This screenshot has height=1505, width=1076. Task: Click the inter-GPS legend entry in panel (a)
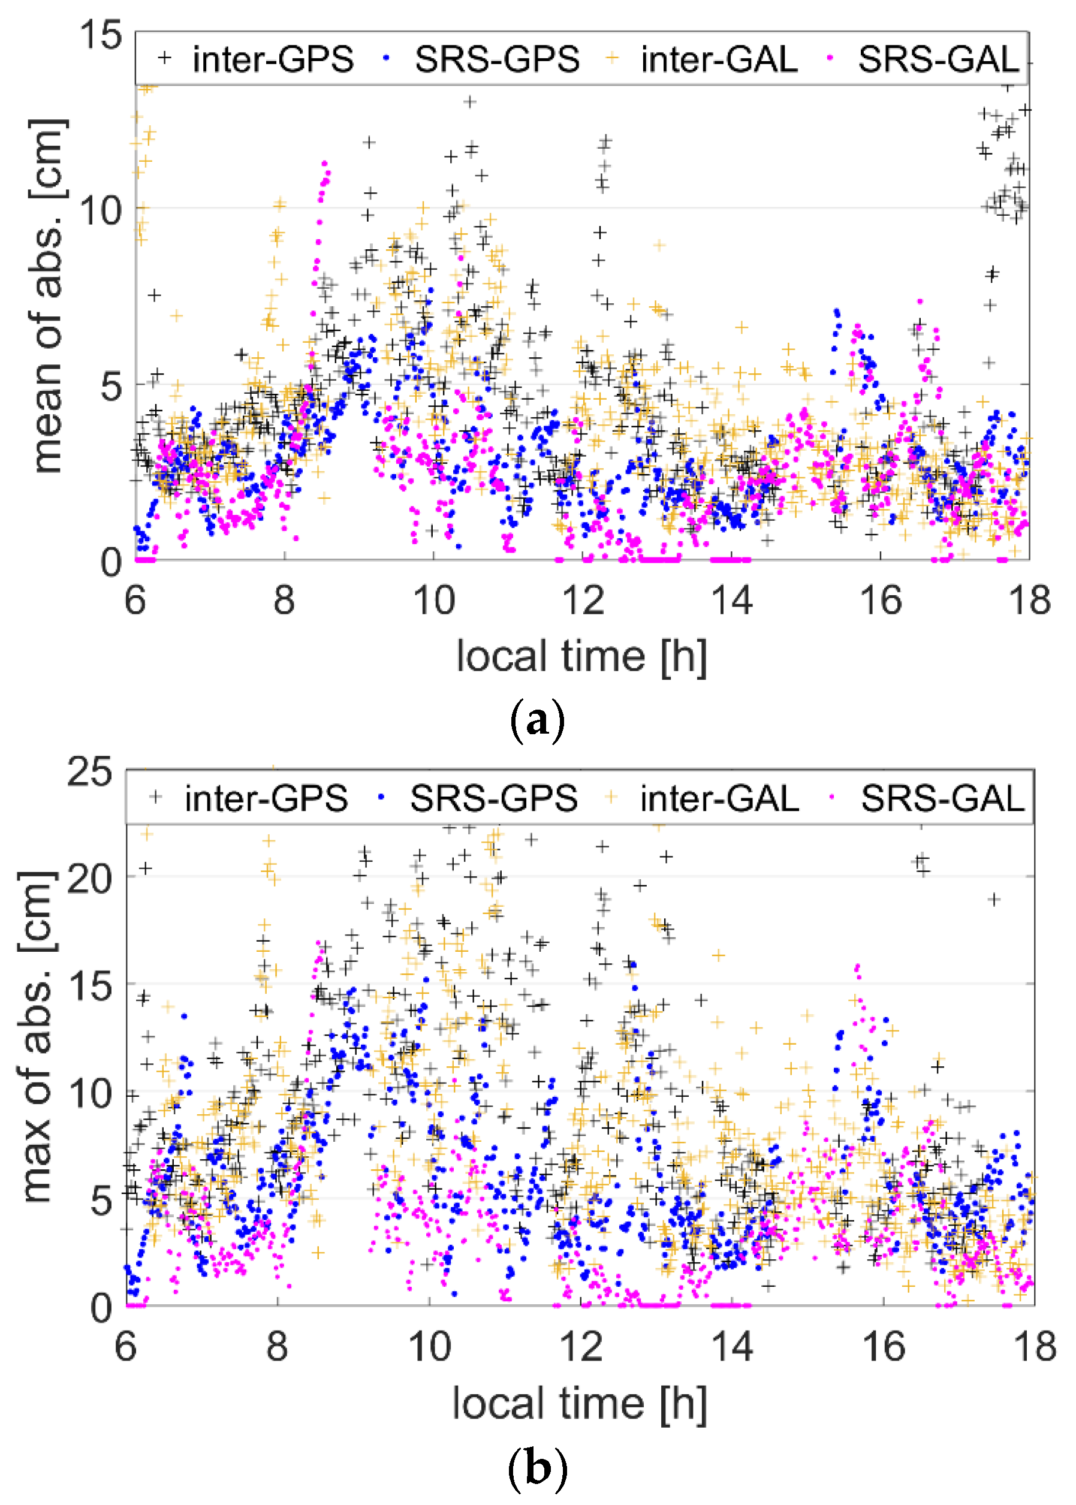(x=272, y=59)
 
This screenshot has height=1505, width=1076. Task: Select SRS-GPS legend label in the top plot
(x=496, y=59)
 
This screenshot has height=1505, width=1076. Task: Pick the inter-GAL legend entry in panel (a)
(x=719, y=59)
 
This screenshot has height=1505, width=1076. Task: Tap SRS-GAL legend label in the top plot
(x=938, y=59)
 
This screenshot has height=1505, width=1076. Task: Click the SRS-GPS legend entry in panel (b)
(x=493, y=798)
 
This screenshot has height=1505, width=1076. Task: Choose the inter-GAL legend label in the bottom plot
(x=719, y=798)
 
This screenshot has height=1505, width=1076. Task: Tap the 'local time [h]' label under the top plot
(x=581, y=657)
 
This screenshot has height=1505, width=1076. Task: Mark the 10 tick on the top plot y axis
(x=101, y=210)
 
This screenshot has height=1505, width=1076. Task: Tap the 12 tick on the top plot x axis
(x=583, y=601)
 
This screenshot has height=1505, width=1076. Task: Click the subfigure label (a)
(x=537, y=720)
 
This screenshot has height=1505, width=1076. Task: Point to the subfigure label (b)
(x=537, y=1468)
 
